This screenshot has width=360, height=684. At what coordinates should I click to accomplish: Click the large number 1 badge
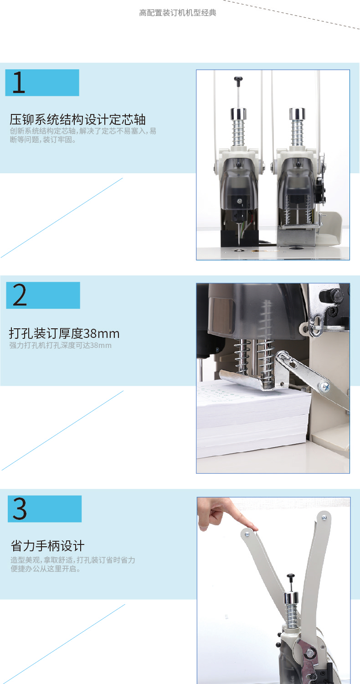coord(42,83)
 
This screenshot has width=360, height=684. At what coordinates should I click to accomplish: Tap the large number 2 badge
coord(43,295)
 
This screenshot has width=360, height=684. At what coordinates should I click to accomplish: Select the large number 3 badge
coord(45,509)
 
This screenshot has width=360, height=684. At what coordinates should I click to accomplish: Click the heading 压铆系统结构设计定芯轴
coord(77,119)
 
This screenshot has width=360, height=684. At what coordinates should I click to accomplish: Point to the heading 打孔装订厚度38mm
coord(64,333)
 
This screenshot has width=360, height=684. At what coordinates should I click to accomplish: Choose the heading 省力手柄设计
coord(47,546)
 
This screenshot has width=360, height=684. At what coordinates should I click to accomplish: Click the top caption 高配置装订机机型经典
coord(178,13)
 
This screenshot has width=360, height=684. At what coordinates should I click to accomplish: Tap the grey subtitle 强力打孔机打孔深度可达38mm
coord(61,345)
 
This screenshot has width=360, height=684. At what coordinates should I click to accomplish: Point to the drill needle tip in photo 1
coord(239,244)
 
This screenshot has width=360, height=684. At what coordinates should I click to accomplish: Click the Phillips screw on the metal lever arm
coord(324,386)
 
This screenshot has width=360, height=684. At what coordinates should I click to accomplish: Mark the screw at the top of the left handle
coord(247,534)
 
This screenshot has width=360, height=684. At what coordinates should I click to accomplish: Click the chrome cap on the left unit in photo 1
coord(238,114)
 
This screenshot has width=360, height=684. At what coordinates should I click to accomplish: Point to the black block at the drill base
coord(240,238)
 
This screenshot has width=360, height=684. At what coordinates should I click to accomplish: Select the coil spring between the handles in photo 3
coord(292,614)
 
